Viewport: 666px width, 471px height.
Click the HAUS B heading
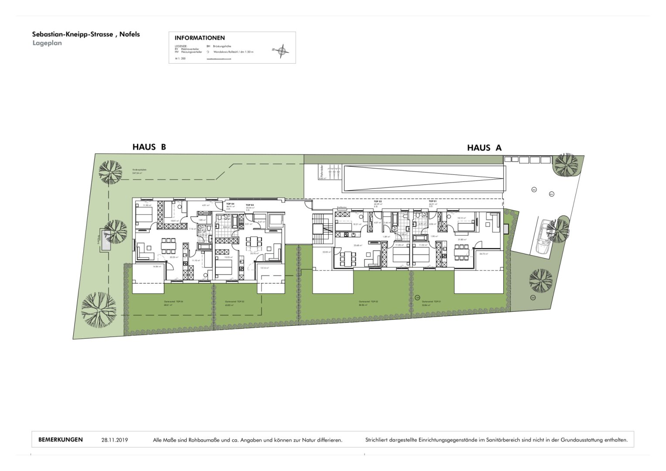tap(149, 147)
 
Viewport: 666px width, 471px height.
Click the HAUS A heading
tap(484, 148)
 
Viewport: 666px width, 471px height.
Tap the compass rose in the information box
tap(282, 51)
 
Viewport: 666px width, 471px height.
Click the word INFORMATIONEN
tap(200, 38)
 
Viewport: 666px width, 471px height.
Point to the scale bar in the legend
tap(219, 58)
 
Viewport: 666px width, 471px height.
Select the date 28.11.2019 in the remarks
tap(115, 440)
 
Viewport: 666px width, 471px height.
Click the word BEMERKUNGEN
tap(61, 440)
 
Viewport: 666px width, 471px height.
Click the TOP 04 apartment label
tap(230, 204)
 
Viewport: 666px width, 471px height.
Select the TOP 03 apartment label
tap(249, 205)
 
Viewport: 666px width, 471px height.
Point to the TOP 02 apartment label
tap(377, 201)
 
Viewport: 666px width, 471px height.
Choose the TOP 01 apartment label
tap(432, 201)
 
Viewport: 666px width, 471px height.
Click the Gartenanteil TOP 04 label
tap(173, 302)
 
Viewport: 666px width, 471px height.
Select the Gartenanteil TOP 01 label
tap(432, 302)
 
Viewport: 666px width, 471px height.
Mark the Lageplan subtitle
tap(47, 43)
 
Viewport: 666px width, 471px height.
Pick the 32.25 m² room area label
tap(174, 257)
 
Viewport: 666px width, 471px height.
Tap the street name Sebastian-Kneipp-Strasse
tap(72, 34)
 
